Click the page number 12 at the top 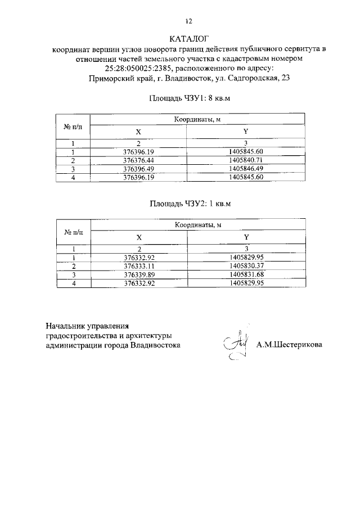(x=189, y=21)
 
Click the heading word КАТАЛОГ (x=188, y=39)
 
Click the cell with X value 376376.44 (x=138, y=160)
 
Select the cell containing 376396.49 (x=138, y=169)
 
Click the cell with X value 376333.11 (x=138, y=265)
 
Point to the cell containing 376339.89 (x=138, y=274)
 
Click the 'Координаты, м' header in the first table (x=197, y=120)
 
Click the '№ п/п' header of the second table (x=74, y=231)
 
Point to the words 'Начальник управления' (x=88, y=326)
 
